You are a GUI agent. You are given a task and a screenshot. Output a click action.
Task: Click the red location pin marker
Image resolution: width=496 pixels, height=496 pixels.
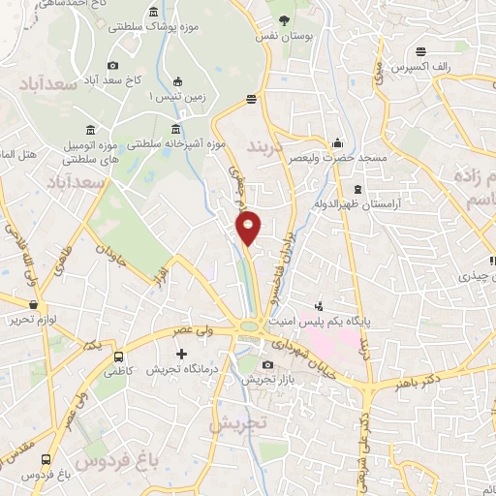tap(249, 228)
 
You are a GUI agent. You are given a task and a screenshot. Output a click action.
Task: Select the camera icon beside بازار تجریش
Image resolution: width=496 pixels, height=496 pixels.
tap(268, 364)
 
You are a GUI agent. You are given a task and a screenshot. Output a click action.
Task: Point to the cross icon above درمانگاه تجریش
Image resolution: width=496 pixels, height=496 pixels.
tap(181, 355)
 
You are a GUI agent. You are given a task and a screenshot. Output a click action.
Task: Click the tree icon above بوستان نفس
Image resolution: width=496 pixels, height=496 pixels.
tap(285, 18)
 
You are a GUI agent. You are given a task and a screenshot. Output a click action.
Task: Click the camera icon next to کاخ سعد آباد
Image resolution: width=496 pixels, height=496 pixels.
tap(113, 65)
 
